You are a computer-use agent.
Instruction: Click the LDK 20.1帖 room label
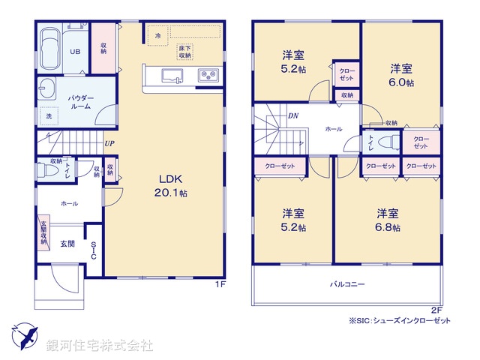point(172,185)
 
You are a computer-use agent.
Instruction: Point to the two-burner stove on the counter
point(206,75)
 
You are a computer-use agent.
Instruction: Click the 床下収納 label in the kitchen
point(184,52)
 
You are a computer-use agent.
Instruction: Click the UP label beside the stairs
point(109,143)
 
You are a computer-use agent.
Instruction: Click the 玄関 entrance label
point(66,243)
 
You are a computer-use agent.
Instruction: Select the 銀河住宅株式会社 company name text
point(100,346)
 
